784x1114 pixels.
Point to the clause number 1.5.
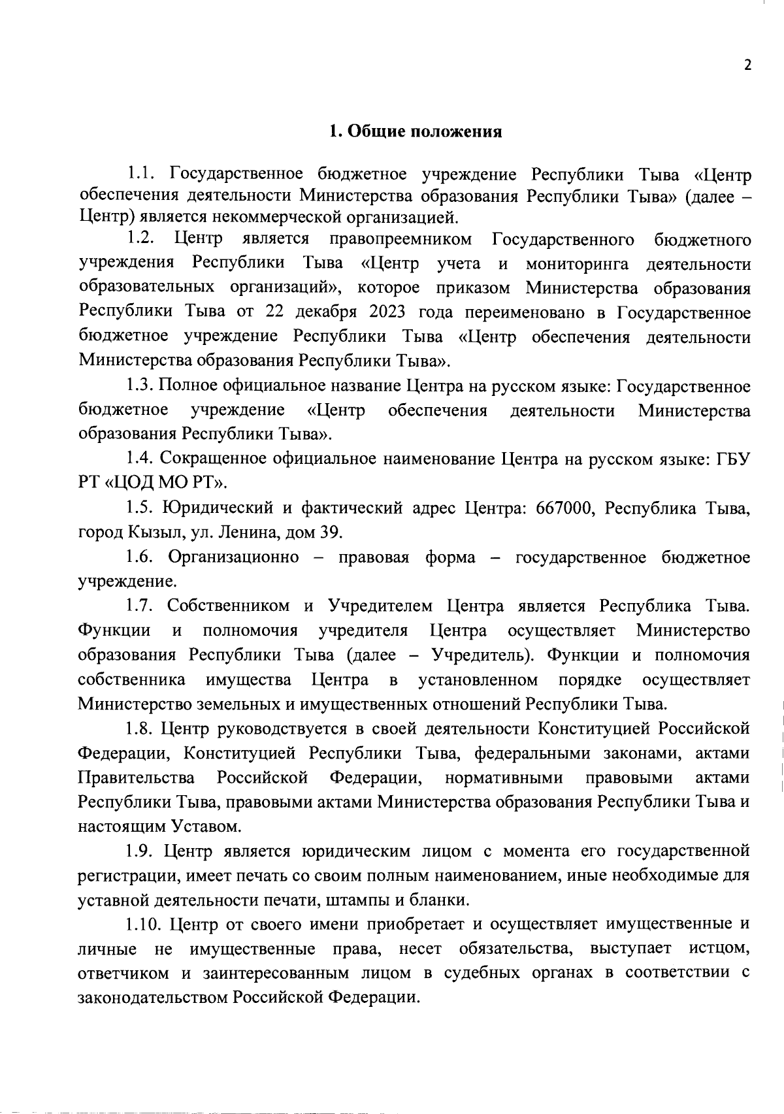(139, 508)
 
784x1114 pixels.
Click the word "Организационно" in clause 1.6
(233, 557)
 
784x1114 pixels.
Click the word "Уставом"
(206, 827)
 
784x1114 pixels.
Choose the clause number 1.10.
(143, 925)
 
